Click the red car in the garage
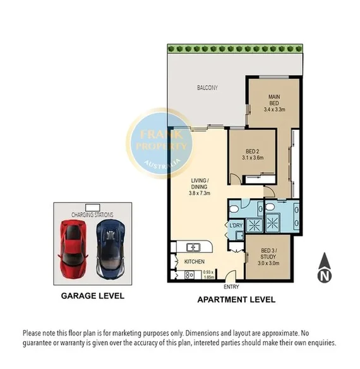[73, 249]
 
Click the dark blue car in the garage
[111, 249]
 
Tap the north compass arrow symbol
[325, 267]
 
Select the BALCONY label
[207, 88]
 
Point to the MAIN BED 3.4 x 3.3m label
[274, 103]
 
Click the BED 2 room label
[253, 155]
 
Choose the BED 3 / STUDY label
[268, 257]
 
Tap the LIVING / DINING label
[200, 187]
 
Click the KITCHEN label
[195, 262]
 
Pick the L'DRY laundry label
[236, 225]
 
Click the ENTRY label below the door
[231, 287]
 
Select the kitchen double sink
[193, 247]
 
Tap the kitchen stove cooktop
[189, 275]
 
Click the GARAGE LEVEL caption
[93, 296]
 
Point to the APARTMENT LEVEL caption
[236, 300]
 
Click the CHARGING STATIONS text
[92, 214]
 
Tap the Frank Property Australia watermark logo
[160, 143]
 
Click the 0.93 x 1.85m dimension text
[209, 274]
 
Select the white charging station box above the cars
[93, 208]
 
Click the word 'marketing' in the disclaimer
[127, 334]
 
